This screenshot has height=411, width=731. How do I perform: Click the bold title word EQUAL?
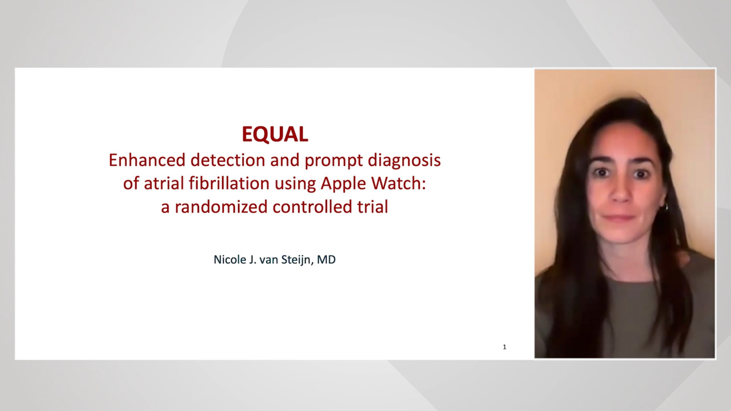275,134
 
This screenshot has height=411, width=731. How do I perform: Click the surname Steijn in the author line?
298,260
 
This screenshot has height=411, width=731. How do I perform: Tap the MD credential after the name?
327,260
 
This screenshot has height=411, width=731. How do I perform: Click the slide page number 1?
504,347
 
